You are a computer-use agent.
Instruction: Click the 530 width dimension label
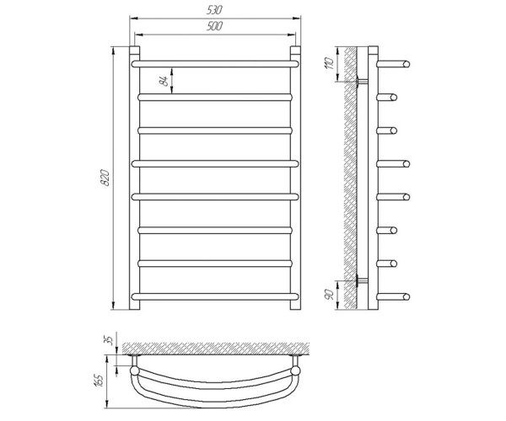pyautogui.click(x=214, y=10)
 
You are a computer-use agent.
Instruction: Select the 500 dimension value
pyautogui.click(x=214, y=26)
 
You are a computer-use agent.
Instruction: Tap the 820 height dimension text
pyautogui.click(x=105, y=178)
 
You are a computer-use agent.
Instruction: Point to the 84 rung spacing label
pyautogui.click(x=164, y=81)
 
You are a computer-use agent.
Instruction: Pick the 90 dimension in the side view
pyautogui.click(x=330, y=295)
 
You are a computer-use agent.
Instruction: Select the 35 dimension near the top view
pyautogui.click(x=110, y=340)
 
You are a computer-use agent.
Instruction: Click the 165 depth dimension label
pyautogui.click(x=100, y=381)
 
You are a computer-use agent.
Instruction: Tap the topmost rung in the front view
pyautogui.click(x=215, y=64)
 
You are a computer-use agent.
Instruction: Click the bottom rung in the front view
pyautogui.click(x=215, y=296)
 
